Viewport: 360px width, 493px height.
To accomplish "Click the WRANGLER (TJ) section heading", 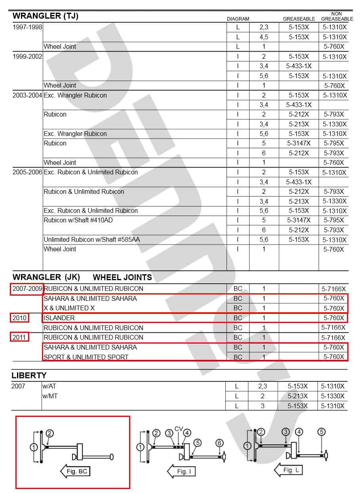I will pyautogui.click(x=46, y=16).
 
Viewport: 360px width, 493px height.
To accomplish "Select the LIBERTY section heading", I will pyautogui.click(x=29, y=375).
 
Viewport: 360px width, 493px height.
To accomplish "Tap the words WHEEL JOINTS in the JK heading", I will pyautogui.click(x=122, y=277).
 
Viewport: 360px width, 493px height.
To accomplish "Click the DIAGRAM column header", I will pyautogui.click(x=238, y=19).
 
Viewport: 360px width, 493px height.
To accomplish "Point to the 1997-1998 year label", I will pyautogui.click(x=27, y=27).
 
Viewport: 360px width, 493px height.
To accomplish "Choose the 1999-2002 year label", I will pyautogui.click(x=27, y=56).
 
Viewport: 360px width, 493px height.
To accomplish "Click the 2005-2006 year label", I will pyautogui.click(x=27, y=172).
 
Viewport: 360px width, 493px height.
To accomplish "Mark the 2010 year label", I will pyautogui.click(x=19, y=318).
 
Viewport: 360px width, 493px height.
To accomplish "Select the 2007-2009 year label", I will pyautogui.click(x=27, y=289).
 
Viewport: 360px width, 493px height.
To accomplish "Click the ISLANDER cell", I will pyautogui.click(x=59, y=318).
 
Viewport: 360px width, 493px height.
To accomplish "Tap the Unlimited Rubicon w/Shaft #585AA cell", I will pyautogui.click(x=92, y=239).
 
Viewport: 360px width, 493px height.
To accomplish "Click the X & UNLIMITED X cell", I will pyautogui.click(x=69, y=308).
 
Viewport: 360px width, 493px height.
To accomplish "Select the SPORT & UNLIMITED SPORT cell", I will pyautogui.click(x=86, y=357).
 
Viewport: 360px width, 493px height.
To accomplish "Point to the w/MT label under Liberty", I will pyautogui.click(x=50, y=396).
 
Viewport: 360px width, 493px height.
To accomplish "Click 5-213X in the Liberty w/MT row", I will pyautogui.click(x=298, y=396).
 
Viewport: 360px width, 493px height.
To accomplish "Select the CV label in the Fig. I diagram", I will pyautogui.click(x=179, y=429).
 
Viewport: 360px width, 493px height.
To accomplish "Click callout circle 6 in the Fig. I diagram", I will pyautogui.click(x=220, y=442).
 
